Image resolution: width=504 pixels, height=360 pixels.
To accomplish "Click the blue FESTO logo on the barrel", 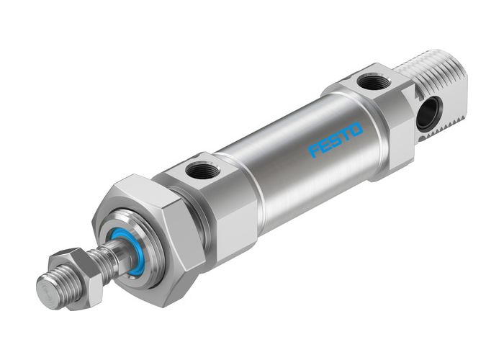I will click(336, 139).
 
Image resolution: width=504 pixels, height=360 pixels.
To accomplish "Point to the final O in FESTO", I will click(357, 129).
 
